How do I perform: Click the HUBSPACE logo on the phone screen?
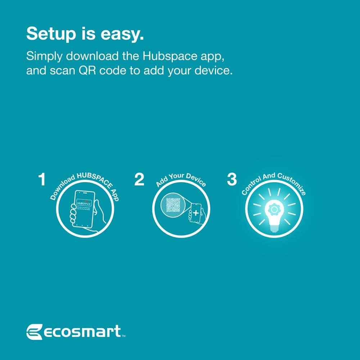(84, 204)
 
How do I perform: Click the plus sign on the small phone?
(195, 213)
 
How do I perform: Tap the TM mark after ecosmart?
(123, 337)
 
